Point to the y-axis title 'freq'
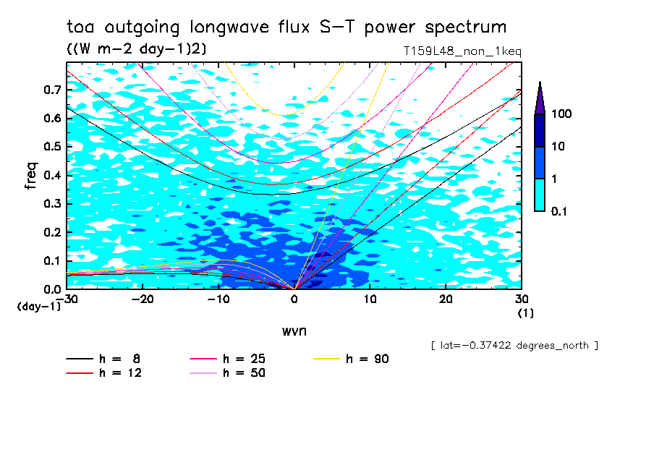31,176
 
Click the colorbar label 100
561,114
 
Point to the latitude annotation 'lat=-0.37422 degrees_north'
514,346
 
